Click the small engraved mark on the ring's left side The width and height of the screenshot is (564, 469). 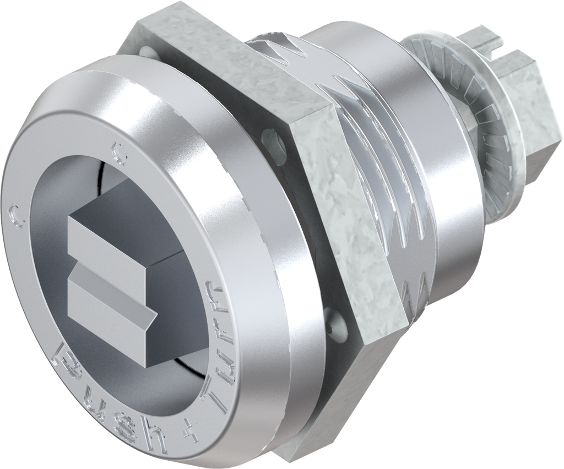17,216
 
